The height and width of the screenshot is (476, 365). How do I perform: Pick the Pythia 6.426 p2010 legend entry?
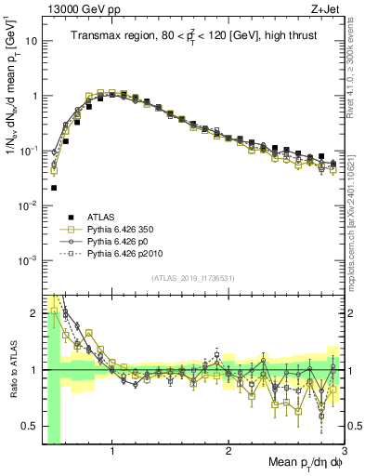pos(125,253)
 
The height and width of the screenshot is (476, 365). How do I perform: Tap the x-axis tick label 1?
pos(112,453)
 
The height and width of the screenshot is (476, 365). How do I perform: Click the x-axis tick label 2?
pos(228,453)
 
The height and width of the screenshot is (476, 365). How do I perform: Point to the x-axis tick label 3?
pos(344,453)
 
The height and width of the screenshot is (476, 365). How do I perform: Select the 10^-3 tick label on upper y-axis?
pos(28,258)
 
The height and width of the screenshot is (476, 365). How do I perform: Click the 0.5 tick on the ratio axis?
pos(30,427)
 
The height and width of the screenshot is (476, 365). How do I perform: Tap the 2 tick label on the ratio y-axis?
pos(35,313)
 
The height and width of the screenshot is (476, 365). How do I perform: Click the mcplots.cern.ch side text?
pos(357,223)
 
